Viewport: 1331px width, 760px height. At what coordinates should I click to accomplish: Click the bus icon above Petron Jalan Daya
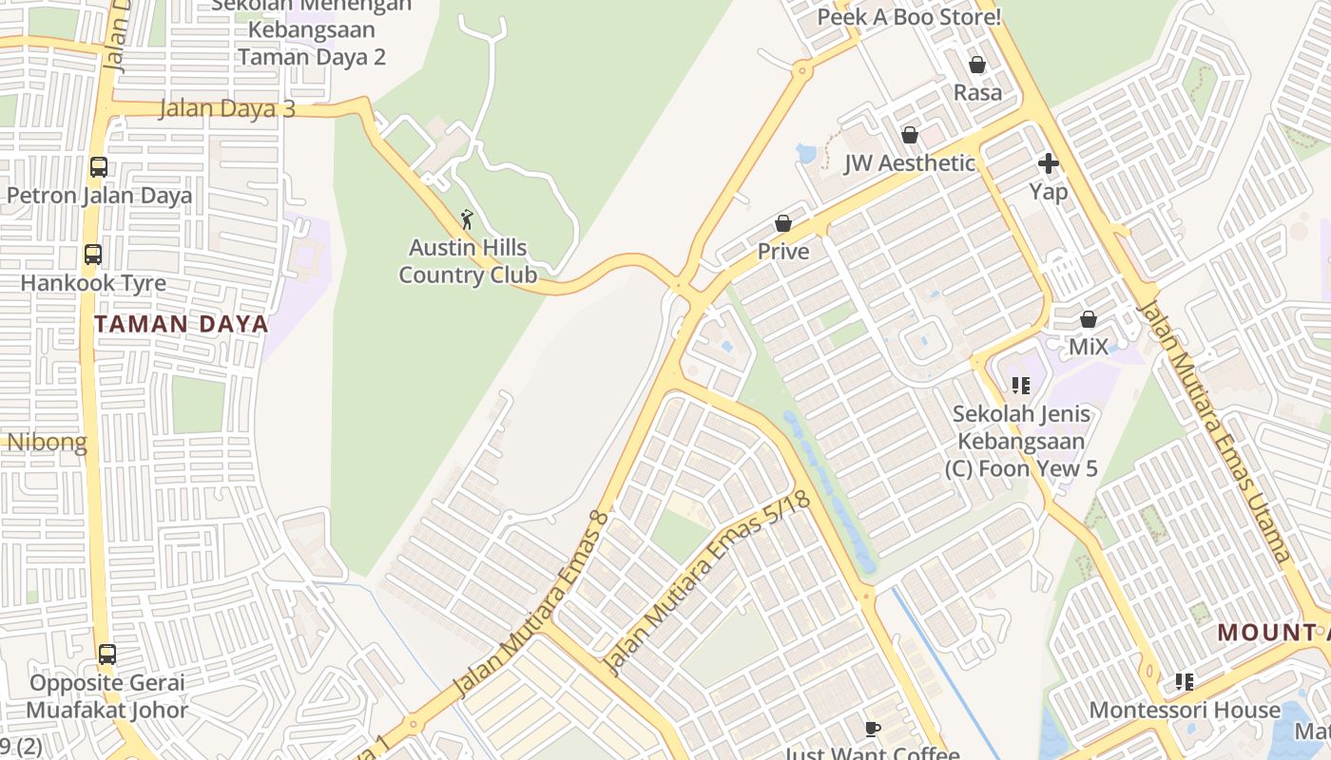coord(99,167)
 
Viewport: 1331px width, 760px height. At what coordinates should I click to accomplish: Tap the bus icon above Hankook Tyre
coord(93,255)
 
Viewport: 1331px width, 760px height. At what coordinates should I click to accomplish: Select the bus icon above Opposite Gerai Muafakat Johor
coord(107,655)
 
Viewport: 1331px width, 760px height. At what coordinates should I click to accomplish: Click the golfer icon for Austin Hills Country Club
coord(467,220)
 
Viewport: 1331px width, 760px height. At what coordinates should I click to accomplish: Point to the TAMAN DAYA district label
coord(181,324)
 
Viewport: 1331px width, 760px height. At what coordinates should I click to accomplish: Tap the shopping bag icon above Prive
coord(783,223)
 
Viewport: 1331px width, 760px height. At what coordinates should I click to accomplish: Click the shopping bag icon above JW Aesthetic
coord(910,135)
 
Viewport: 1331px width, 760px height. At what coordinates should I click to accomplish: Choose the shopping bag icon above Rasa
coord(977,65)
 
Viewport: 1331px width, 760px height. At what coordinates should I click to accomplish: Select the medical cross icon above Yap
coord(1049,163)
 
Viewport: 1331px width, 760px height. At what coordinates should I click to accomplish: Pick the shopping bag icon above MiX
coord(1089,319)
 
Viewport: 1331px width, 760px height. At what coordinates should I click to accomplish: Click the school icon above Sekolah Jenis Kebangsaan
coord(1021,386)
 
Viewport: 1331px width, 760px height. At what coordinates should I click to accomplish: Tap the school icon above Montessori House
coord(1185,681)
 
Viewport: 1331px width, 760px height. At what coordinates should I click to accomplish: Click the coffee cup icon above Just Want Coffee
coord(873,729)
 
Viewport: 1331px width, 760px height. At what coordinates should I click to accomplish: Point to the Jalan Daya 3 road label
coord(226,108)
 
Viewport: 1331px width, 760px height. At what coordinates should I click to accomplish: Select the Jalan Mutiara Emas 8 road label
coord(530,602)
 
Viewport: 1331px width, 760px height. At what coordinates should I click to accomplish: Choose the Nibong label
coord(47,442)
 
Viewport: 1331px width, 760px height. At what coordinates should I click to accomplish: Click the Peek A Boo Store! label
coord(909,17)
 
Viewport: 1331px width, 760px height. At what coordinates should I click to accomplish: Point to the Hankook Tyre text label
coord(93,283)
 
